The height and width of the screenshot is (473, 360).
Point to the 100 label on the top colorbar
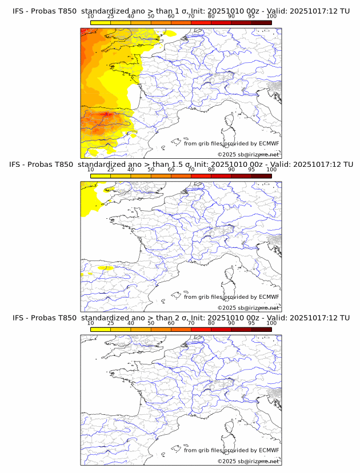(271, 16)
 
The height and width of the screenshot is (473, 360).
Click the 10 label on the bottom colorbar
(91, 323)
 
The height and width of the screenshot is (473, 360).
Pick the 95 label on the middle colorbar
(251, 170)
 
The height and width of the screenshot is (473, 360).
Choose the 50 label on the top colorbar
(151, 16)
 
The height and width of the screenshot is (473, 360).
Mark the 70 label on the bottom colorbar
(191, 323)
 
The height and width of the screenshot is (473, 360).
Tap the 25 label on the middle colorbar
(111, 170)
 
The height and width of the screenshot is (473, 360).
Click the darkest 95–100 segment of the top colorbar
(261, 23)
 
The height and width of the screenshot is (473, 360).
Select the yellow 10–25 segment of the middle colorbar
(101, 176)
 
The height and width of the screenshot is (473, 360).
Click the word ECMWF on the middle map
(269, 297)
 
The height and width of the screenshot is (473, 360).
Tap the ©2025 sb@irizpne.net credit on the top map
(248, 154)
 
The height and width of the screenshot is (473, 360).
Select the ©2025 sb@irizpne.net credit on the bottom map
(248, 461)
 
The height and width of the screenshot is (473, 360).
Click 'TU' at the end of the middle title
(345, 165)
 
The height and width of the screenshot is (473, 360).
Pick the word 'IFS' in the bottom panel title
(18, 318)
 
